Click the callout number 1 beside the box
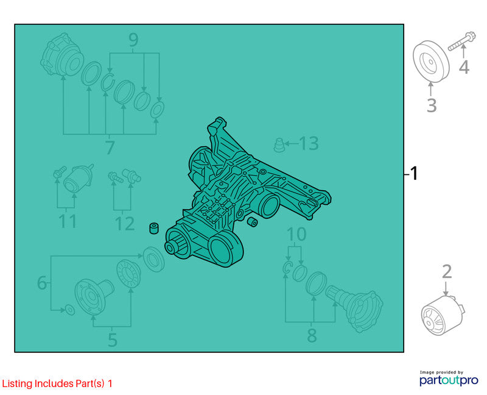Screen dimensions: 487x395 tap(414, 173)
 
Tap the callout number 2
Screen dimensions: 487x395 tap(447, 271)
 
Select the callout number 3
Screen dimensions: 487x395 tap(432, 105)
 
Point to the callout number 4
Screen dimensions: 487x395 tap(464, 67)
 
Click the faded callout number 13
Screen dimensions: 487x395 tap(309, 143)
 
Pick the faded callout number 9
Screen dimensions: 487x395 tap(133, 40)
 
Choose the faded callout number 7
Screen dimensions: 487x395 tap(110, 148)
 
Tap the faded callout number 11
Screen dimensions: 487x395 tap(68, 221)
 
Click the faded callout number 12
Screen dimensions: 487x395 tap(125, 224)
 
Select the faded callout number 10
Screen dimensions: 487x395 tap(296, 234)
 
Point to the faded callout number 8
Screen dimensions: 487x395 tap(312, 335)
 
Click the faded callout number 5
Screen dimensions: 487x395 tap(113, 340)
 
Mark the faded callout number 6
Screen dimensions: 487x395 tap(42, 283)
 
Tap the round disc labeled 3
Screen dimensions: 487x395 tap(431, 62)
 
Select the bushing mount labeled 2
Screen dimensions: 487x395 tap(443, 316)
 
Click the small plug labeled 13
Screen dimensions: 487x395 tap(279, 145)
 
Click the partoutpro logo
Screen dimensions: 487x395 tap(449, 378)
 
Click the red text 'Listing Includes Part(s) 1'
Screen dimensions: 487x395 tap(57, 383)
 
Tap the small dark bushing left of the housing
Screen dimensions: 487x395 tap(154, 228)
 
